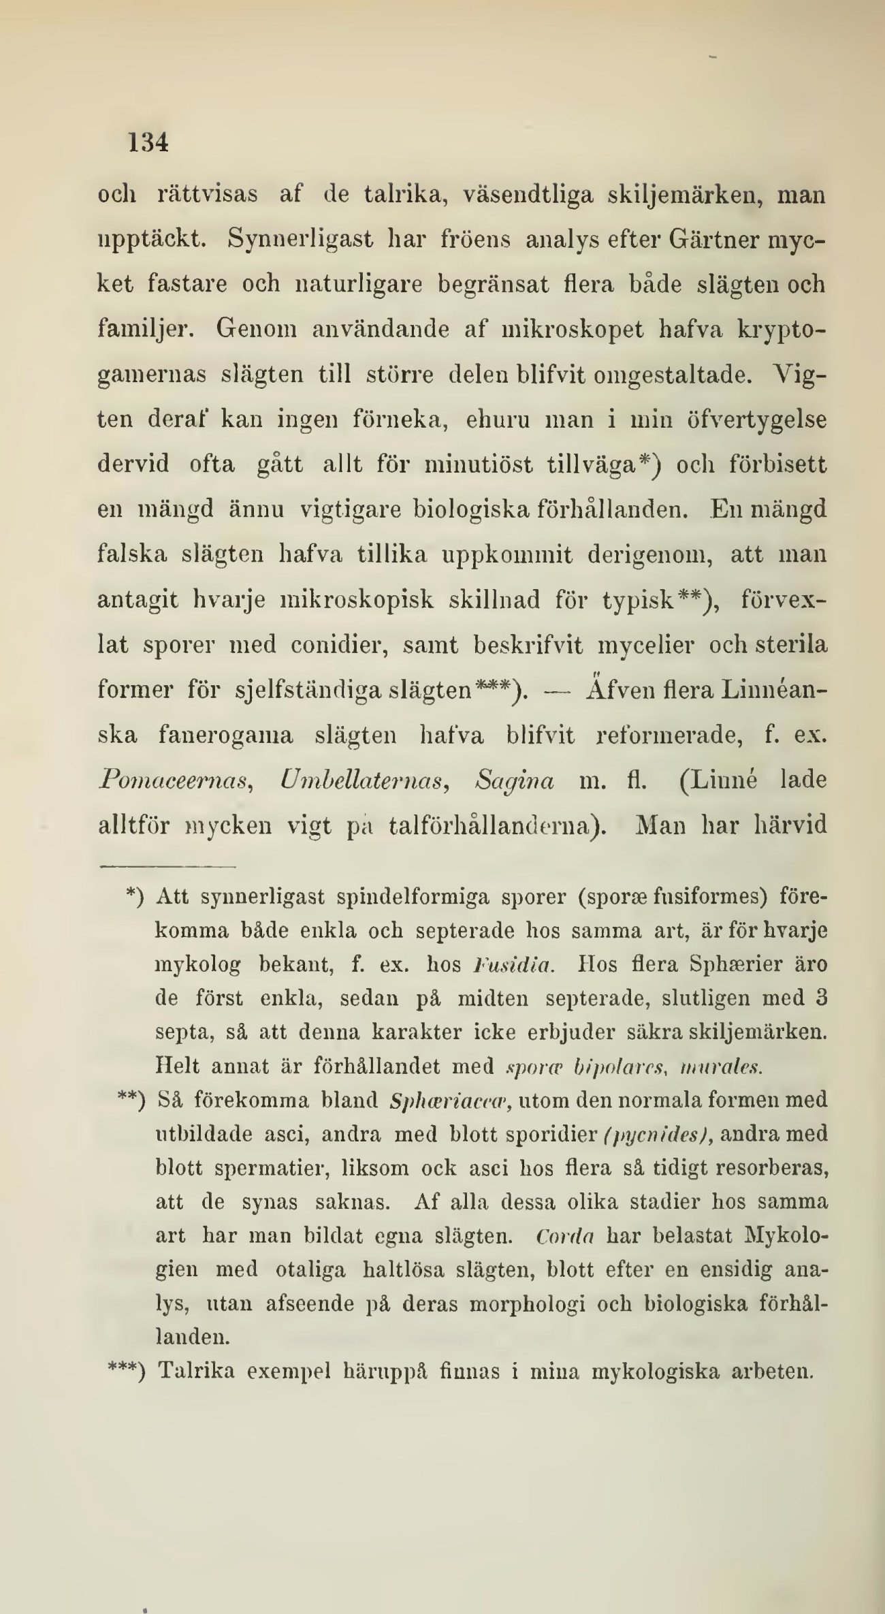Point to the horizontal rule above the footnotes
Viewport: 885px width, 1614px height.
point(167,868)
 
